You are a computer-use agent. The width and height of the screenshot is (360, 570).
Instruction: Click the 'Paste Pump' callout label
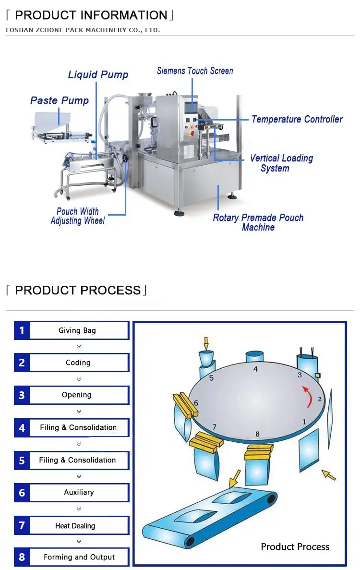click(60, 100)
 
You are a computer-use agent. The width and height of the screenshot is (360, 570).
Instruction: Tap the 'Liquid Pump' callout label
click(98, 74)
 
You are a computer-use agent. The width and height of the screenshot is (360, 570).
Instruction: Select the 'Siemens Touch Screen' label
click(195, 71)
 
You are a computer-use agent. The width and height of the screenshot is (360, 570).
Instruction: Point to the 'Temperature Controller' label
click(297, 119)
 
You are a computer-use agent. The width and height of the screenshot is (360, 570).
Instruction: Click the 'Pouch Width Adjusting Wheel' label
click(78, 216)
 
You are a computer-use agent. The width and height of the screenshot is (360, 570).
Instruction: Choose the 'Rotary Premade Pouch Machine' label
click(258, 222)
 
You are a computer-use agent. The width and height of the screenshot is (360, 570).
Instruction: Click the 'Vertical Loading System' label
click(281, 163)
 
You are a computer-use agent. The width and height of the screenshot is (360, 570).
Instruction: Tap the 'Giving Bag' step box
click(78, 330)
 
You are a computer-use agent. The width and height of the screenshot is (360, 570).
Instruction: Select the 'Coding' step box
click(78, 363)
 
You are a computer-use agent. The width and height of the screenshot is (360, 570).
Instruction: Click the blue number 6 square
click(22, 493)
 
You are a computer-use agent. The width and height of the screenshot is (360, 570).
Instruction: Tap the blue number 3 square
click(22, 395)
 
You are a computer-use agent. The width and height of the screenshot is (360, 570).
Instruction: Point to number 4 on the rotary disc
click(255, 369)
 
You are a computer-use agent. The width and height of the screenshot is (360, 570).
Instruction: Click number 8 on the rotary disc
click(257, 434)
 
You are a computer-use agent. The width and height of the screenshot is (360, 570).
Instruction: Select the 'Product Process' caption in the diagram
click(295, 546)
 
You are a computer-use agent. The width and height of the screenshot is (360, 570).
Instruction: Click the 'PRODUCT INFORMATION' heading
click(90, 15)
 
